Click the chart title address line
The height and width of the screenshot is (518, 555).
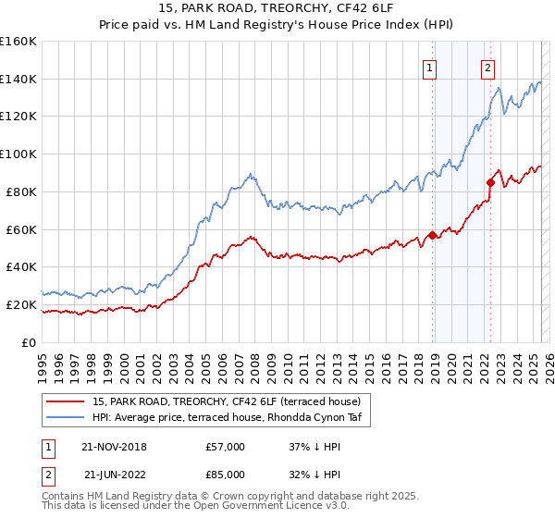(277, 9)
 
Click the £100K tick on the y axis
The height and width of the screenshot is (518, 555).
(18, 154)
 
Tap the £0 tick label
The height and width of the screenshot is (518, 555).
(29, 342)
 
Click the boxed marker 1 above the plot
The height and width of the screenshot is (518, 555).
(431, 67)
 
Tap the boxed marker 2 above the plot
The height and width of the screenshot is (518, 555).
(487, 67)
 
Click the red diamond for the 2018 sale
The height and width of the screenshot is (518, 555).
(432, 234)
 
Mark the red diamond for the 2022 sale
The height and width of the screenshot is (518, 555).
(490, 182)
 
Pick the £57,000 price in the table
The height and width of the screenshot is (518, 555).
(225, 447)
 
